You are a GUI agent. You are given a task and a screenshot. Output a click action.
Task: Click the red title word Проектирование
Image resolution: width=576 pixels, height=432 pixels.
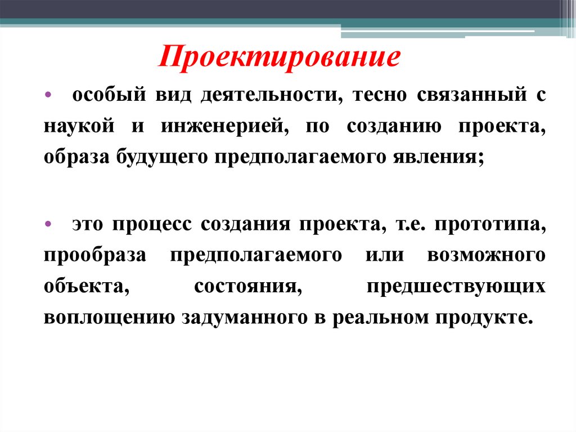point(279,58)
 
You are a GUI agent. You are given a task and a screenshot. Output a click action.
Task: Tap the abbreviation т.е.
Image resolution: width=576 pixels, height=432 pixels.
point(409,224)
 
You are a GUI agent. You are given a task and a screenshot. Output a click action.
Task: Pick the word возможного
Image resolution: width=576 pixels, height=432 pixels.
point(487,255)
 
